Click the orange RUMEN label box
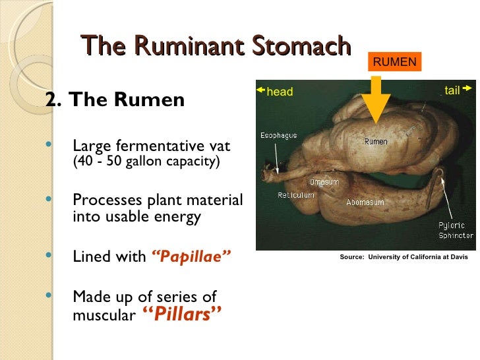(x=395, y=63)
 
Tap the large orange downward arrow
(x=376, y=100)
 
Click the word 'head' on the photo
(x=280, y=92)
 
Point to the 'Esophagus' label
(x=278, y=136)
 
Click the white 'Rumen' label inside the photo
(x=375, y=141)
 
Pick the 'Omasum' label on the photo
(x=324, y=182)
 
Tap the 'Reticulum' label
(x=296, y=195)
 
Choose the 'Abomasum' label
(x=365, y=202)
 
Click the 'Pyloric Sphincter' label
(x=456, y=230)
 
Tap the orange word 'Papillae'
(x=191, y=256)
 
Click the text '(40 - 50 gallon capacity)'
(x=146, y=162)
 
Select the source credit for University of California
(x=404, y=257)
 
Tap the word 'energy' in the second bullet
(x=178, y=217)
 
